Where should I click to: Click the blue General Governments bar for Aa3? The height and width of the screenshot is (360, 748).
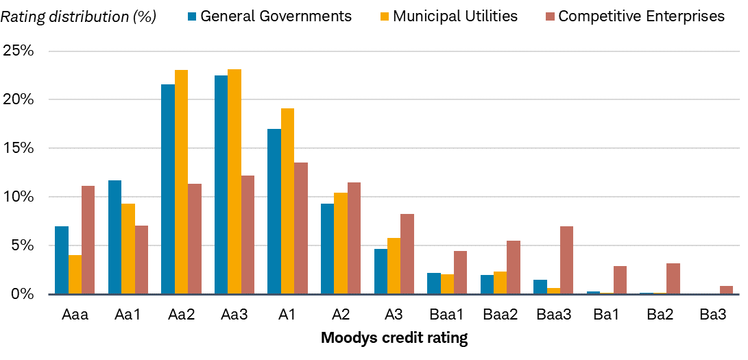221,184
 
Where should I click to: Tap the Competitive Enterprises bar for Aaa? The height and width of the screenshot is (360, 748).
88,240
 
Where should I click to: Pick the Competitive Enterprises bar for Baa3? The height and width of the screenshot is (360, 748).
566,260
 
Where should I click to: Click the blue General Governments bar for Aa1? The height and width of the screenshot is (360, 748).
114,237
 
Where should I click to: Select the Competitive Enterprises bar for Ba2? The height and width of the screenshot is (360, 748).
673,278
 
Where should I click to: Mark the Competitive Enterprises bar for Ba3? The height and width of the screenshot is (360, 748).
726,290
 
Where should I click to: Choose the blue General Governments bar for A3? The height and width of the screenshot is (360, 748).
381,272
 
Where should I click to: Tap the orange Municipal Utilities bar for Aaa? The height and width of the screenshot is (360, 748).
75,274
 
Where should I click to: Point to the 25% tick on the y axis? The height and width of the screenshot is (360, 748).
20,51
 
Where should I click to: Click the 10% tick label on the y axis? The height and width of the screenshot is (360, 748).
20,197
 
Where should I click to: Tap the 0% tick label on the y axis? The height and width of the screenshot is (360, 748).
23,294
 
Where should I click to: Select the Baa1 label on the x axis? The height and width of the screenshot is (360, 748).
447,315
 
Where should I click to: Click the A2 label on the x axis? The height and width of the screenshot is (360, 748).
341,315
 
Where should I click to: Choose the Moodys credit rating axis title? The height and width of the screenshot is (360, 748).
394,338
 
